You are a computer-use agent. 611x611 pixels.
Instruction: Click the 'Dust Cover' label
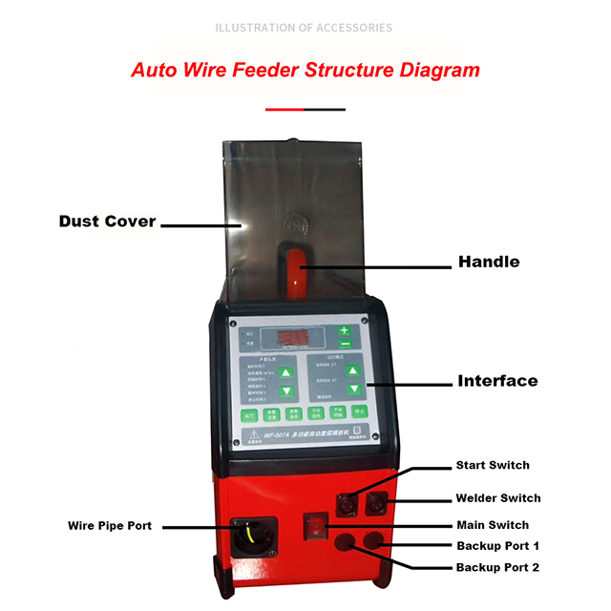107,221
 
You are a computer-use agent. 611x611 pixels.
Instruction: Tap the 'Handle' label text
489,261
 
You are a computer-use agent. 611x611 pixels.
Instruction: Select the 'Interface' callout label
496,380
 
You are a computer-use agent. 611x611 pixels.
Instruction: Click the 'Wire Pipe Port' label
110,525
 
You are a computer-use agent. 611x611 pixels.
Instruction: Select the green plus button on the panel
345,329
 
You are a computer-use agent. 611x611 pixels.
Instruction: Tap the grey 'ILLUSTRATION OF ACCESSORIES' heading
305,27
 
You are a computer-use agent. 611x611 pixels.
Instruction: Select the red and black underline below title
304,109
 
